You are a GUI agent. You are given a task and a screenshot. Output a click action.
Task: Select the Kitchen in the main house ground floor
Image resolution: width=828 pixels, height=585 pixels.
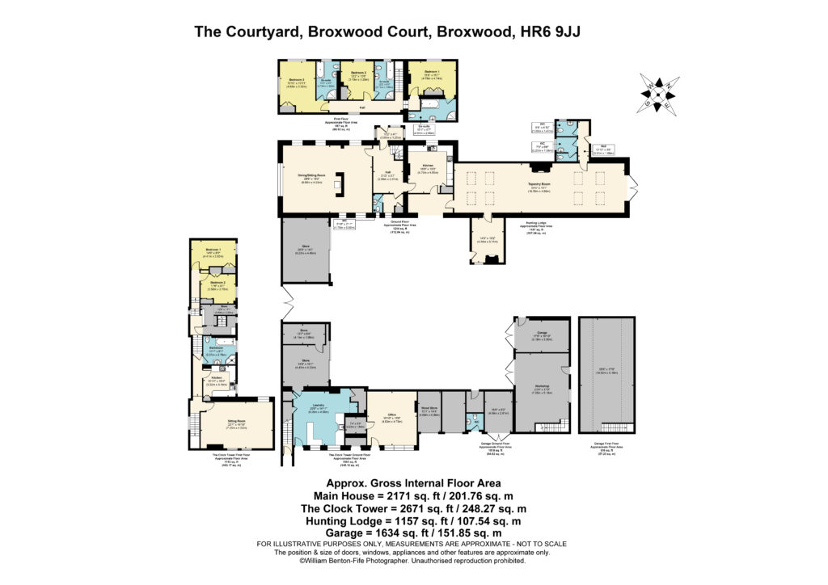pyautogui.click(x=427, y=169)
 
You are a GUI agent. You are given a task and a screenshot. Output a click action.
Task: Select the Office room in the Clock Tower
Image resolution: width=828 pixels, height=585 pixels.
pyautogui.click(x=391, y=418)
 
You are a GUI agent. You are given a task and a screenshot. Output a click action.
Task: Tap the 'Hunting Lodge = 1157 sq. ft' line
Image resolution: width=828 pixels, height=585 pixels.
pyautogui.click(x=414, y=521)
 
